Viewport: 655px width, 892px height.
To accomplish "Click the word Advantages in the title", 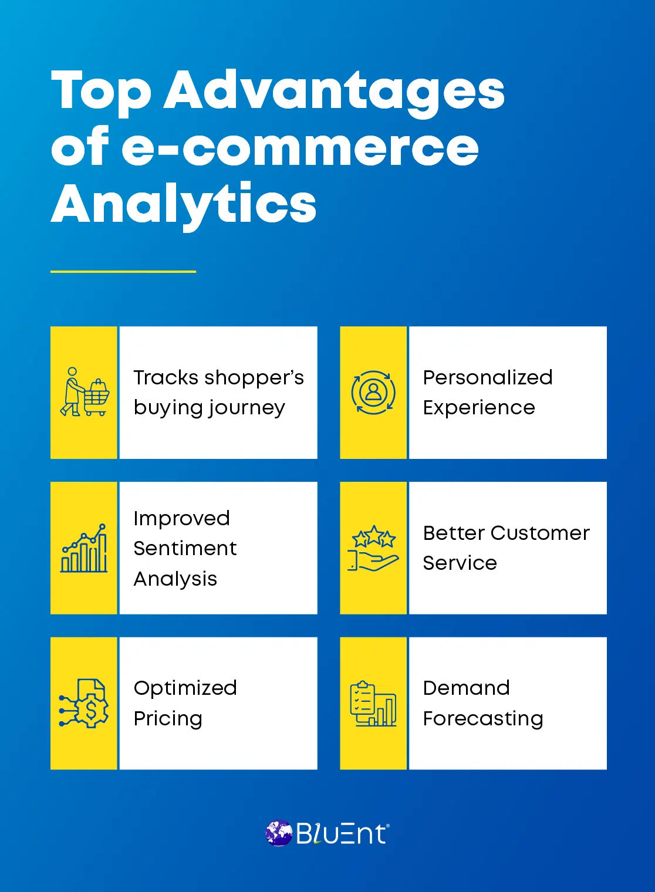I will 334,91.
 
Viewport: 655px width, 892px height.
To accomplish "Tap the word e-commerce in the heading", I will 300,147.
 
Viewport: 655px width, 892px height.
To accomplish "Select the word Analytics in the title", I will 184,204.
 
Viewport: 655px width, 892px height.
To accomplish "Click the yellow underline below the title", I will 123,272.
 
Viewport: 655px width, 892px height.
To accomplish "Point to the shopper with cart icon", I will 85,392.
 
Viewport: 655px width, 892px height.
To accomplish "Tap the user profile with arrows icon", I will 373,392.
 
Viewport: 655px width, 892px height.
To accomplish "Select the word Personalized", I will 488,377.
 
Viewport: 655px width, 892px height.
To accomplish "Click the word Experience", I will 479,408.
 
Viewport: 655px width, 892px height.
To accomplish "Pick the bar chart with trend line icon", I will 85,548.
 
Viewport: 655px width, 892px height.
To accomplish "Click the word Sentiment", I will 185,548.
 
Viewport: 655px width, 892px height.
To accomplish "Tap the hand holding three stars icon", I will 373,548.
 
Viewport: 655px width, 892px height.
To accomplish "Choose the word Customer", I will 540,533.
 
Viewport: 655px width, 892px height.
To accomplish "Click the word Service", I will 460,563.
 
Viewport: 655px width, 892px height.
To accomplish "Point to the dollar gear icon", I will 85,704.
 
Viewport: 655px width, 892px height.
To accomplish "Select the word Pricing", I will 168,719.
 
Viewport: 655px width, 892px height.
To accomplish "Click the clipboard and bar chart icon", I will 373,704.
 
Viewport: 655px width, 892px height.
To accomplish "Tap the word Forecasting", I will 483,719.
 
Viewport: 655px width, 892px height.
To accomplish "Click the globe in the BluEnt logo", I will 279,833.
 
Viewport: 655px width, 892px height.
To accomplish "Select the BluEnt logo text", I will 341,834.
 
